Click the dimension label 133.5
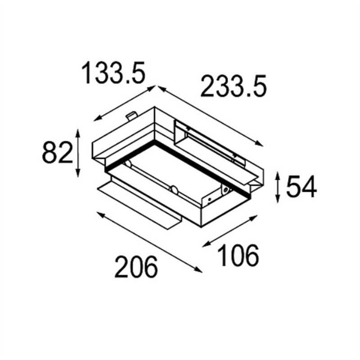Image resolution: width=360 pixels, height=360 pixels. pos(114,73)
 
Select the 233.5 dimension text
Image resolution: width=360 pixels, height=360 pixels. pos(234,86)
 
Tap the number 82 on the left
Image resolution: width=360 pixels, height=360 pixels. pos(58,153)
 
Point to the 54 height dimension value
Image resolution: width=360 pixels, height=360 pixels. pos(301,186)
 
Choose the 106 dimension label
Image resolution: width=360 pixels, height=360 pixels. pos(238,255)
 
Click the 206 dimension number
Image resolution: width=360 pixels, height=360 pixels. pos(136,267)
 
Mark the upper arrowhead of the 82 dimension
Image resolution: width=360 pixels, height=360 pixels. pos(78,133)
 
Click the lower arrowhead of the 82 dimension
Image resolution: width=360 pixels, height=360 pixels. pos(78,173)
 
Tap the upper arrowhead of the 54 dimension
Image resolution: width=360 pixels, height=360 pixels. pos(278,175)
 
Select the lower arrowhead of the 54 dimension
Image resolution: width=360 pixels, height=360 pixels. pos(278,198)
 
